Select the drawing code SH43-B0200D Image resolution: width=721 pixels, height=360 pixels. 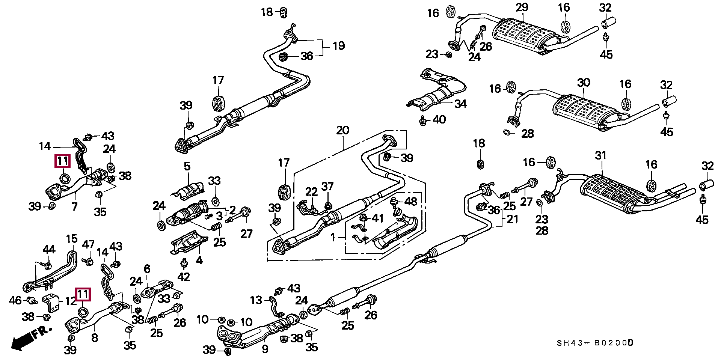click(595, 343)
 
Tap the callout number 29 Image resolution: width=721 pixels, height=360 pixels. click(522, 7)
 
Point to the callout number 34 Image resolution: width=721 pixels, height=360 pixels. click(460, 104)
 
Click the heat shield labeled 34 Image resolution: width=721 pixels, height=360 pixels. click(436, 90)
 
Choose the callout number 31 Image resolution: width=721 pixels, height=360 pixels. click(601, 155)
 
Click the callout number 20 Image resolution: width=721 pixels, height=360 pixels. click(342, 130)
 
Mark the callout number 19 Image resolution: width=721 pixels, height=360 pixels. click(338, 46)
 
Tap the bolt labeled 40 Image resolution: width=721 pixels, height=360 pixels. click(422, 121)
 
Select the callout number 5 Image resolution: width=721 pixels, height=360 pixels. click(187, 166)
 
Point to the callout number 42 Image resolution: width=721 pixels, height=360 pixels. click(183, 277)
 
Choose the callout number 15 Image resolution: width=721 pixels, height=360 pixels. click(71, 238)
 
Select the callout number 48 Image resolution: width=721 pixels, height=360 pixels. click(410, 202)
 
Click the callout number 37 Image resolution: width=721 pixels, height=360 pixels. click(327, 187)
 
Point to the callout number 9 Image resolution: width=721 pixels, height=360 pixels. click(265, 349)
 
